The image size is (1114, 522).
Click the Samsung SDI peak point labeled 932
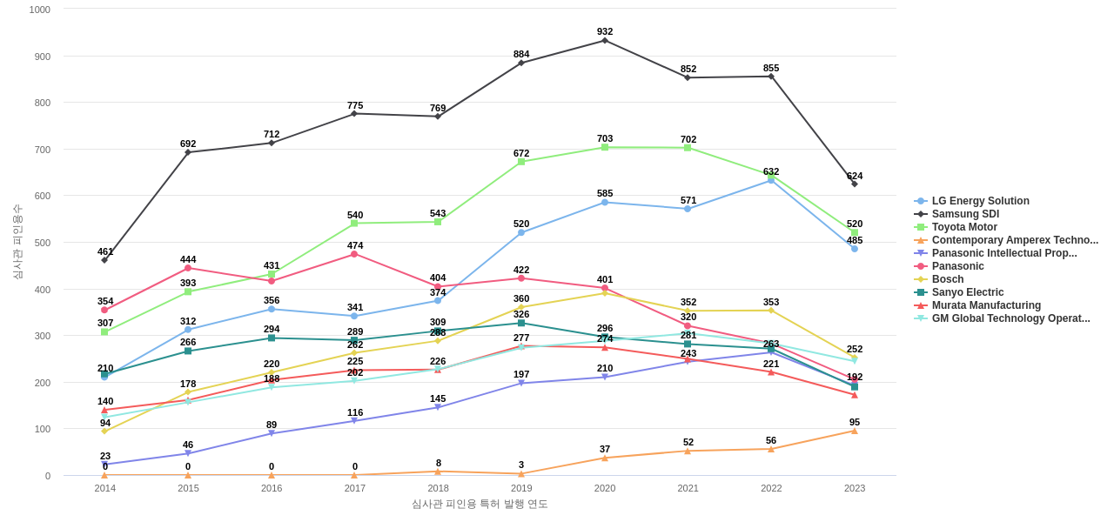605,40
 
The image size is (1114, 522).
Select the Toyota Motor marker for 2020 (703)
605,147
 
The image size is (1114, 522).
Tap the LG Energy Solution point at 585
605,202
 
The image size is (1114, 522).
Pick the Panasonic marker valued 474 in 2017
354,254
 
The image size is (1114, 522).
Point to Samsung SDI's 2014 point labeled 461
104,260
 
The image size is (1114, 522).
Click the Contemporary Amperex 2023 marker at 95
855,431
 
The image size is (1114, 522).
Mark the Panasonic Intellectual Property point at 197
521,383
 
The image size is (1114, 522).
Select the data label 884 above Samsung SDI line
521,54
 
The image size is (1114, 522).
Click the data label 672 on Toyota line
521,153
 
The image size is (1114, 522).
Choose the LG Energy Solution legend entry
980,201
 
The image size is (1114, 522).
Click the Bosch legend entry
947,279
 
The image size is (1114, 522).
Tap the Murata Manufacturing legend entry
986,305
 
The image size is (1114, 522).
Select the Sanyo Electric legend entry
967,292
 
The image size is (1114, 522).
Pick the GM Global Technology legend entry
1010,318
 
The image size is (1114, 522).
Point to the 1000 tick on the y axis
40,10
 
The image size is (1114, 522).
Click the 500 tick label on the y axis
43,243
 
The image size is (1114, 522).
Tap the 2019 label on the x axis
521,488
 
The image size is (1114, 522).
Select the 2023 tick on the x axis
855,488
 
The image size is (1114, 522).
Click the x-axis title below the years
480,504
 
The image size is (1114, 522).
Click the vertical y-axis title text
17,242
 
